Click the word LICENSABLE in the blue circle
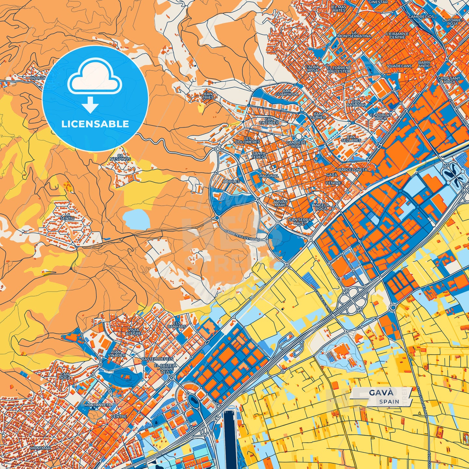pos(95,124)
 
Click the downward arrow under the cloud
pos(91,105)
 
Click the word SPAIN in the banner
pos(389,401)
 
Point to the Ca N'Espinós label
pos(120,157)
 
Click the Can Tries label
pos(208,95)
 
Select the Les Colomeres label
pos(247,140)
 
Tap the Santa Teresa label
pos(259,155)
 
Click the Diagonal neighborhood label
pos(268,176)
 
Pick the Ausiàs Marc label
pos(280,203)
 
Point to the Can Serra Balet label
pos(300,221)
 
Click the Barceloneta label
pos(353,170)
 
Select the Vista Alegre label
pos(133,331)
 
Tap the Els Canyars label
pos(177,325)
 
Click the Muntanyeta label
pos(98,405)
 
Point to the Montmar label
pos(40,448)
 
